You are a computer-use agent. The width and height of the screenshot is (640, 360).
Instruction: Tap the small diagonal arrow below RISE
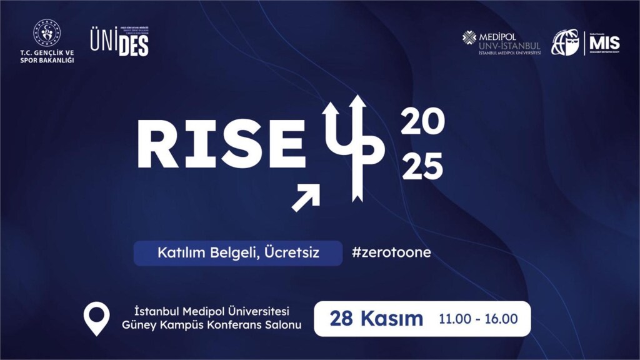[x=306, y=197]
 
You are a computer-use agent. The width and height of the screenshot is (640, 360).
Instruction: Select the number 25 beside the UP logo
[x=422, y=168]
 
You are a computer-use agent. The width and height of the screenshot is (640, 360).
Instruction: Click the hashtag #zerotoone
[x=391, y=253]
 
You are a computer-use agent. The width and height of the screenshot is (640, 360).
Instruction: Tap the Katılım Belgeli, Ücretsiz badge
[x=237, y=253]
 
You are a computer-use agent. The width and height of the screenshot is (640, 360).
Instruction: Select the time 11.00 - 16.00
[x=478, y=319]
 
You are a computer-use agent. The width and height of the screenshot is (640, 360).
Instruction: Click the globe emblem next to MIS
[x=565, y=42]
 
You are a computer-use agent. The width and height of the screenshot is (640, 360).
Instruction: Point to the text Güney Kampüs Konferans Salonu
[x=212, y=326]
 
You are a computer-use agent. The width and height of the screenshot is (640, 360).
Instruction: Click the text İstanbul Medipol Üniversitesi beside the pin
[x=212, y=311]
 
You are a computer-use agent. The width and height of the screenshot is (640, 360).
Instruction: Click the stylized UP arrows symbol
[x=350, y=147]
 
